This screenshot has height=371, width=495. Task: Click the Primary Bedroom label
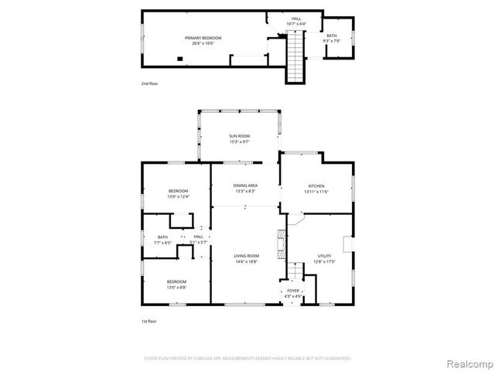[x=203, y=38]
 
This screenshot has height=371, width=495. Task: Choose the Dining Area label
[x=246, y=185]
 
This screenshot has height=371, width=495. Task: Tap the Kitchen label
[x=316, y=185]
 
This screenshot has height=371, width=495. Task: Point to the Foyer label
[x=293, y=291]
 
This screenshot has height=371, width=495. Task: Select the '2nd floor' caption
[x=149, y=83]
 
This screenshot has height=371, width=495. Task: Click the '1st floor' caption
[x=149, y=320]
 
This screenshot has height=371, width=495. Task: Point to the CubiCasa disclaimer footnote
[x=247, y=359]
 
